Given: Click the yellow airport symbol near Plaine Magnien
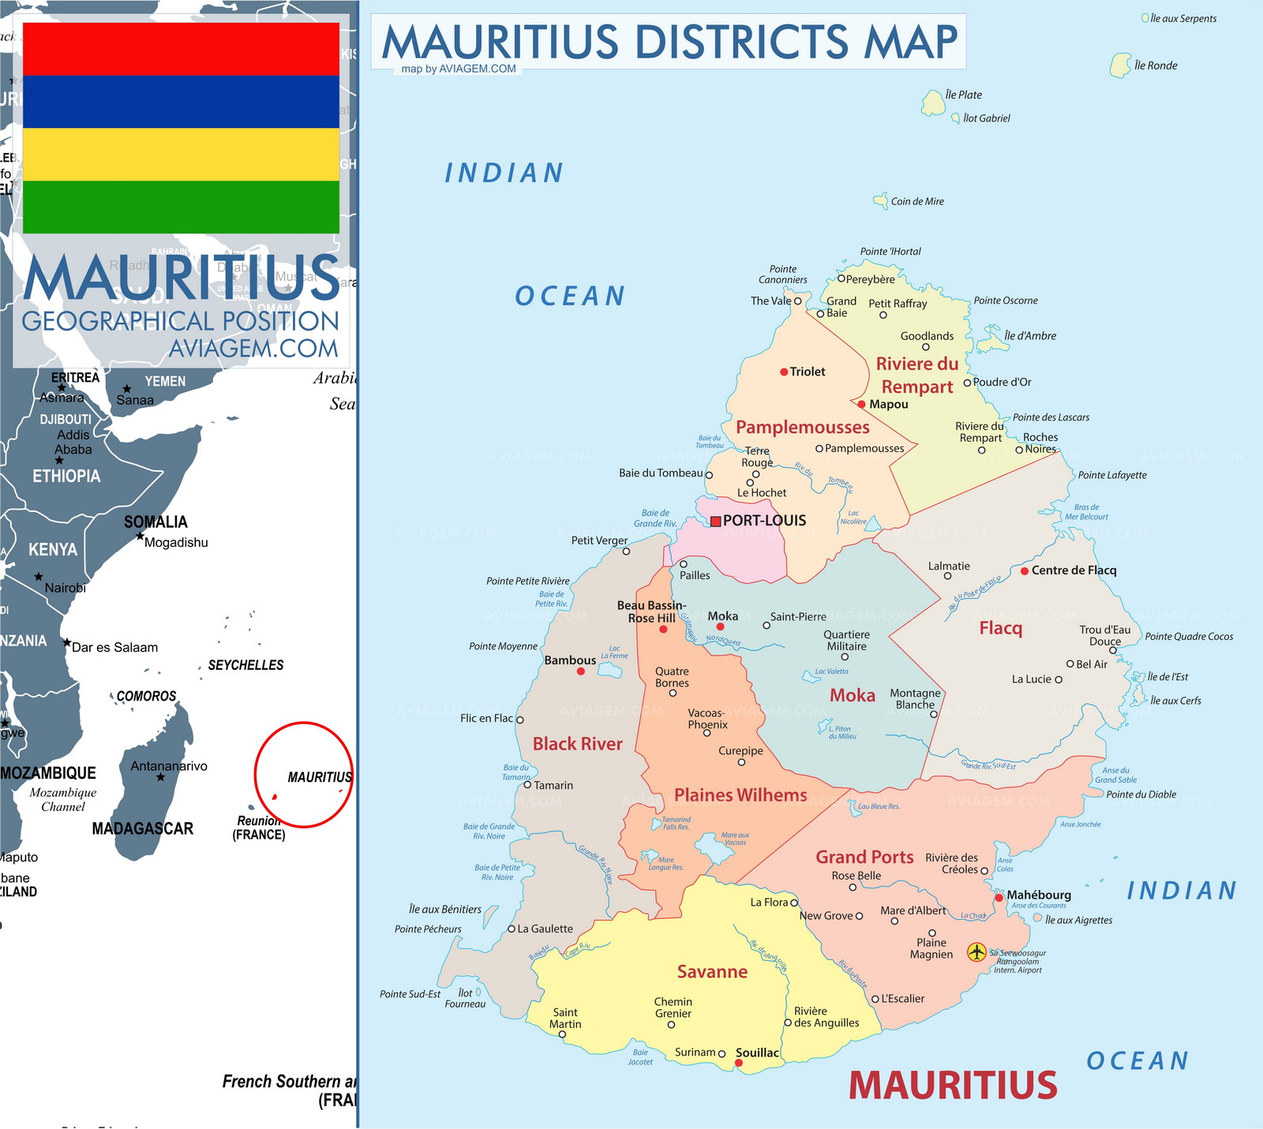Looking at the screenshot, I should click(x=976, y=951).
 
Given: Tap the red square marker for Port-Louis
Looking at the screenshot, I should click(x=715, y=521).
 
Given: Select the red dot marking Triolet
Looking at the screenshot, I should click(x=784, y=372).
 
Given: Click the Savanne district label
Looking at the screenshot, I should click(x=712, y=971).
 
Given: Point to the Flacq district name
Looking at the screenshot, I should click(x=1000, y=628).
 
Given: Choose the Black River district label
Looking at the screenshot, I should click(x=577, y=743).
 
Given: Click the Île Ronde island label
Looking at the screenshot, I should click(x=1155, y=65).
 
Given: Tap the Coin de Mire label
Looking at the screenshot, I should click(x=916, y=201).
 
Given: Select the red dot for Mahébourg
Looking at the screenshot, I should click(x=999, y=897).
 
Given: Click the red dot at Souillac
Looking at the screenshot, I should click(x=739, y=1063).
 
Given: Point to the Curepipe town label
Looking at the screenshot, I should click(x=740, y=750).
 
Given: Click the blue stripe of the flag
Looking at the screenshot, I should click(x=181, y=102).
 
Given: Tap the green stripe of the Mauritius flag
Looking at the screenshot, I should click(x=181, y=207).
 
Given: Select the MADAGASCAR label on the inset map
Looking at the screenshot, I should click(x=142, y=828).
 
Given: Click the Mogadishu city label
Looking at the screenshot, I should click(x=176, y=542).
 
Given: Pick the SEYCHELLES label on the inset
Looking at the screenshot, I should click(x=245, y=665).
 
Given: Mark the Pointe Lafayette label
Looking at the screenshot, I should click(x=1111, y=475).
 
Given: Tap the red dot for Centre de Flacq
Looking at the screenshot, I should click(x=1024, y=570).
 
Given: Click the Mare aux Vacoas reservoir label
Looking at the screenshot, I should click(x=735, y=838).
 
